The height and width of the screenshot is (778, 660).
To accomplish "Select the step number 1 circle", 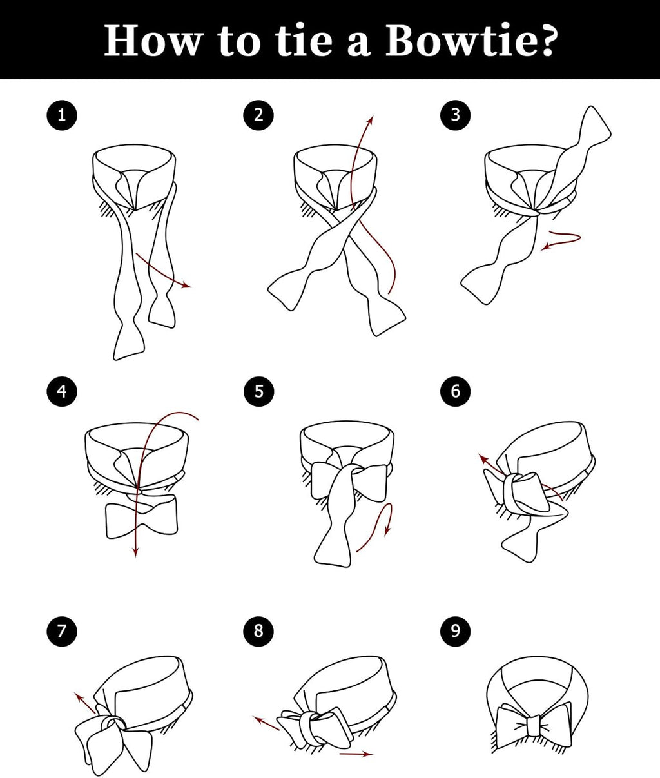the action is pos(62,115).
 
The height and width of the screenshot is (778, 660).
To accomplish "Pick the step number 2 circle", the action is pos(258,115).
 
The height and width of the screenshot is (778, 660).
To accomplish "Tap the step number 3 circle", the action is pos(455,115).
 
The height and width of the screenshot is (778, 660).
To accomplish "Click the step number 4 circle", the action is pos(62,391).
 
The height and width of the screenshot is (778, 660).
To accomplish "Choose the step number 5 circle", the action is pos(259,391).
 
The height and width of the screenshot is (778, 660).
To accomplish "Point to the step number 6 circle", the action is pos(455,391).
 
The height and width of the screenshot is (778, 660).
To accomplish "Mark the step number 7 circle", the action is pos(62,631).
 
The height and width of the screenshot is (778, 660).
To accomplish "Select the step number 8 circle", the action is pos(258,630).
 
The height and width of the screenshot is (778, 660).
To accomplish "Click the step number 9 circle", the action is pos(455,630).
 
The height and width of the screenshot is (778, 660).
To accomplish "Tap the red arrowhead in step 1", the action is pos(187,286).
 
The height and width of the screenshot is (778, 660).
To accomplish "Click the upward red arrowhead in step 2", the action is pos(371,120).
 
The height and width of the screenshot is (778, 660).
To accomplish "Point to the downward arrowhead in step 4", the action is pos(136,552).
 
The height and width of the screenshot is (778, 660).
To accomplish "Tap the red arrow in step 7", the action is pos(85,703).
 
